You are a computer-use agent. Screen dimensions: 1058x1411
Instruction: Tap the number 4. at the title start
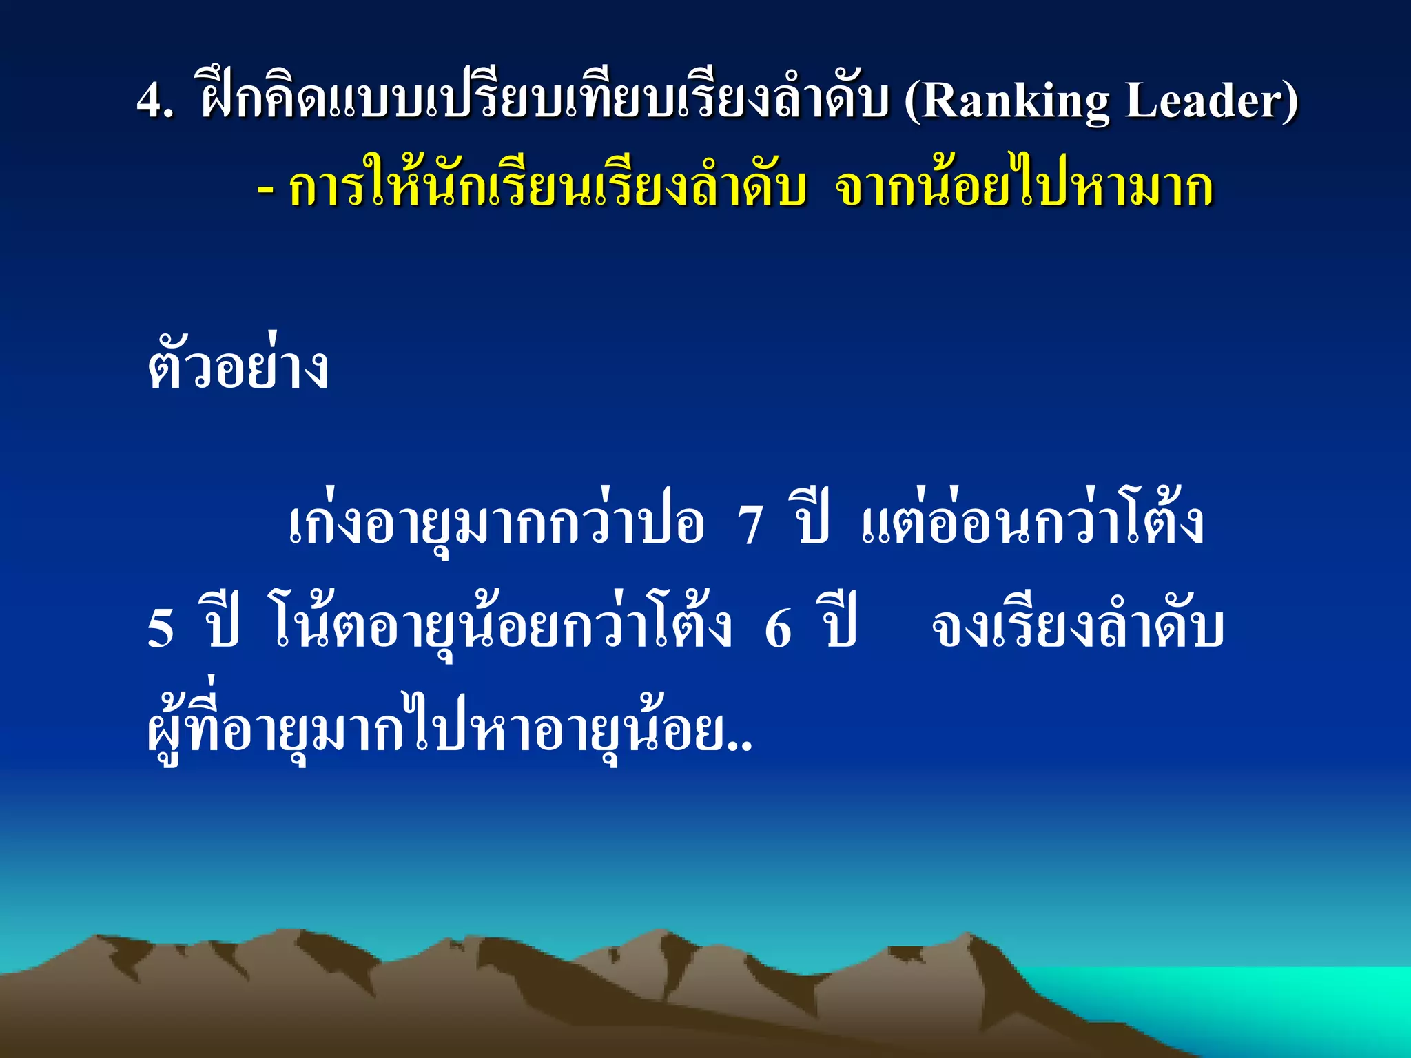click(x=154, y=101)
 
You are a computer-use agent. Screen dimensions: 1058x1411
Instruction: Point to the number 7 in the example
click(x=750, y=525)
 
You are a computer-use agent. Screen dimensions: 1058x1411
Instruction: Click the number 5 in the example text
click(x=161, y=628)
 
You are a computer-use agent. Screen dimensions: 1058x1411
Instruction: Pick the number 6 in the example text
click(x=779, y=628)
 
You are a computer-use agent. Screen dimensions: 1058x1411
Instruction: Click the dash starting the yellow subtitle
click(x=265, y=187)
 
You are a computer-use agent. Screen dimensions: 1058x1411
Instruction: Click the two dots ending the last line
click(x=743, y=745)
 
